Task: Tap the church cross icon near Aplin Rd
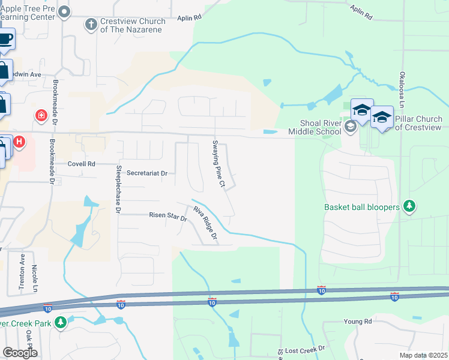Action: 91,25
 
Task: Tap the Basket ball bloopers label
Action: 361,207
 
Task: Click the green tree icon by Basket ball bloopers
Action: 409,207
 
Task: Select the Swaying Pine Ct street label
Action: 218,164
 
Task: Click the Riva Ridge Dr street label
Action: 205,224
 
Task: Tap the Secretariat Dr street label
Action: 146,173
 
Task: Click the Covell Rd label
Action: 82,163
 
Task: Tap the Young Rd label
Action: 358,322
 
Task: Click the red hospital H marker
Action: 19,142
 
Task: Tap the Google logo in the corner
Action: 20,353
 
